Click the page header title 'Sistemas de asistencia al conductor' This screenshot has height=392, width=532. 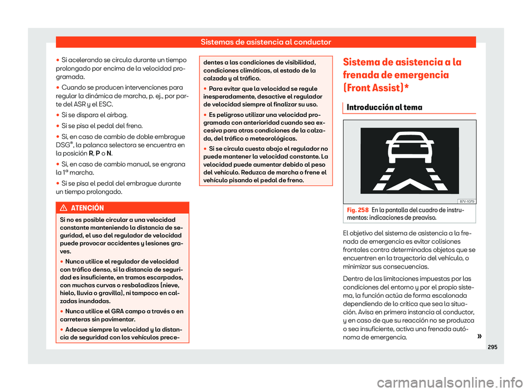(x=265, y=42)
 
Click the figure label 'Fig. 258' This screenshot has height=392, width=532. (x=354, y=210)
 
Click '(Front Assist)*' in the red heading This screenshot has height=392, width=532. (x=385, y=87)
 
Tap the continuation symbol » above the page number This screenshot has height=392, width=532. (x=471, y=336)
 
